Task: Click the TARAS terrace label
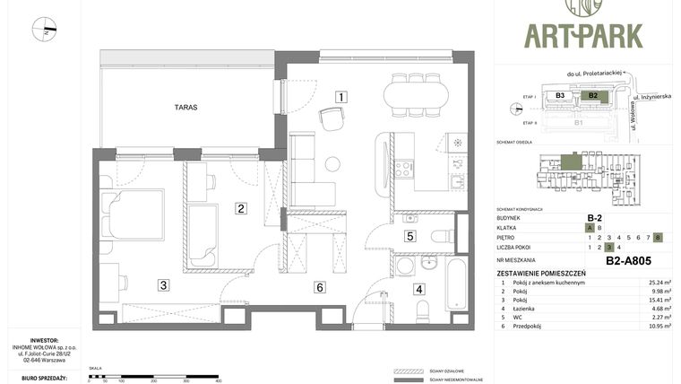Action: [x=185, y=107]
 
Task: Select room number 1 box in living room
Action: [x=340, y=96]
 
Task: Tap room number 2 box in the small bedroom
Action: [x=241, y=208]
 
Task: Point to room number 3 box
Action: [x=163, y=286]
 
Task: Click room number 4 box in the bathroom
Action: [x=418, y=289]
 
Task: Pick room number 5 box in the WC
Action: [x=409, y=237]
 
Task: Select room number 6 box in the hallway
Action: [x=318, y=287]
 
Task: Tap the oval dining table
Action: [x=416, y=94]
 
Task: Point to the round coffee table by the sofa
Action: [x=332, y=164]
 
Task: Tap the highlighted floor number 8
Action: [x=658, y=237]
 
